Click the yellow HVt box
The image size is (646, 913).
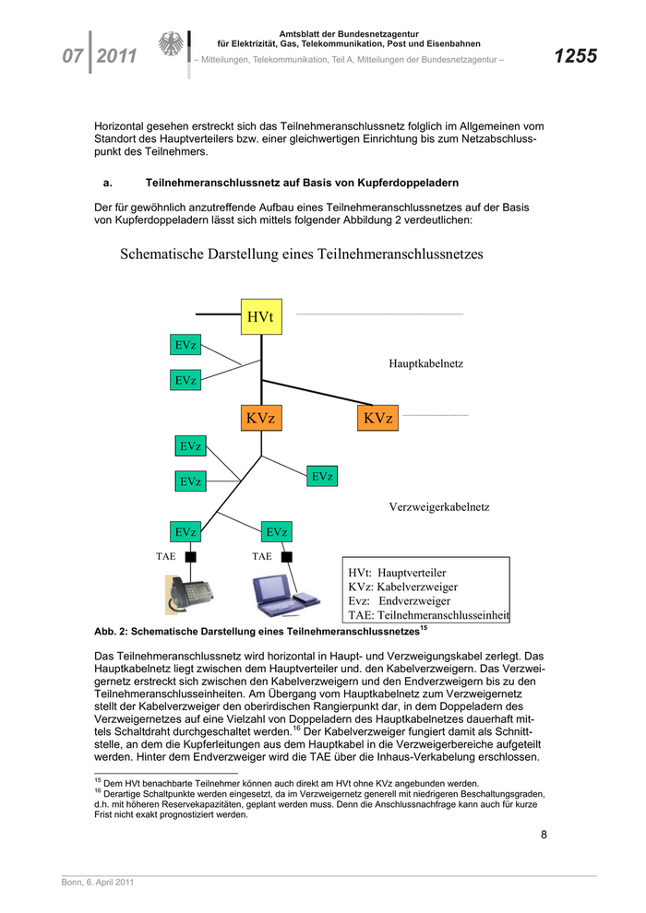point(261,317)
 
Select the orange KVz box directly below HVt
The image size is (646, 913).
point(261,419)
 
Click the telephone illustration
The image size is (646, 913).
point(189,595)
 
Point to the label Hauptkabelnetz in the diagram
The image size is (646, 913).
point(425,364)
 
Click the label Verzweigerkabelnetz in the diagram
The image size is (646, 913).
point(438,507)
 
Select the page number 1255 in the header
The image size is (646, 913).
point(575,56)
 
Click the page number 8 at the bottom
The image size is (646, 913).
point(544,836)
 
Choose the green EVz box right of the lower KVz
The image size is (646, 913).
point(322,477)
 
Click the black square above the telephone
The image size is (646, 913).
point(191,557)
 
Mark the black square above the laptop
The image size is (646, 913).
point(287,557)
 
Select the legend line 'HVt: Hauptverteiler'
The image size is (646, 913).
point(397,572)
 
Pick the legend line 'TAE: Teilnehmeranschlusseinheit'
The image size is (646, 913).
point(428,615)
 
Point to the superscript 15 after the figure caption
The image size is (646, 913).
point(424,628)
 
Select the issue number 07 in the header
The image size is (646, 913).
point(73,56)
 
